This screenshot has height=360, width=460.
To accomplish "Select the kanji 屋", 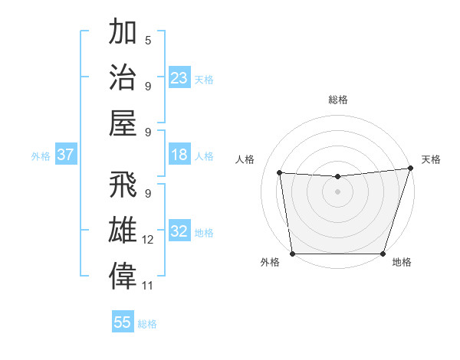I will [x=123, y=123].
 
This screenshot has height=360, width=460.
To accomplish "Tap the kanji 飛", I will [x=123, y=186].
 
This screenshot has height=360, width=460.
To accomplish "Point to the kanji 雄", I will [x=123, y=231].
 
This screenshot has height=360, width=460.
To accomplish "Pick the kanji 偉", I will [x=123, y=277].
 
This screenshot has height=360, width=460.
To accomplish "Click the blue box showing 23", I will [x=179, y=77].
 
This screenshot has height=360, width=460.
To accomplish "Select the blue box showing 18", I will [x=179, y=155].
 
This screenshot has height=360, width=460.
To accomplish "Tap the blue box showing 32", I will [x=179, y=231].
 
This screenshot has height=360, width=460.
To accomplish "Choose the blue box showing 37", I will [x=66, y=155].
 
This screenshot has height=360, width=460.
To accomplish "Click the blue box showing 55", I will [x=123, y=322].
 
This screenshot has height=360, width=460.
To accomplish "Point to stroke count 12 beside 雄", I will [x=148, y=240].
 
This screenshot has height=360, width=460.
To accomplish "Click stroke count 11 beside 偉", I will [x=148, y=286].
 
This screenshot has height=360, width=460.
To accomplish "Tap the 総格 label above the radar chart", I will [x=337, y=100].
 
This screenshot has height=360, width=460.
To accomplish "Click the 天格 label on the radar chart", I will [x=431, y=159].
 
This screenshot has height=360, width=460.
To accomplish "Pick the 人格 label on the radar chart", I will [x=245, y=159].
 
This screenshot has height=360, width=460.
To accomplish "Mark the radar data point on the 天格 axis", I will [x=410, y=169].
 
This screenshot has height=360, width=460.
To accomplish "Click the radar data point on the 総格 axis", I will [x=337, y=177].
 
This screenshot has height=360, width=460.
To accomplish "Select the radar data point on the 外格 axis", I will [x=292, y=254].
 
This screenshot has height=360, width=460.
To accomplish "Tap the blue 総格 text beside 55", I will [x=147, y=324].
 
